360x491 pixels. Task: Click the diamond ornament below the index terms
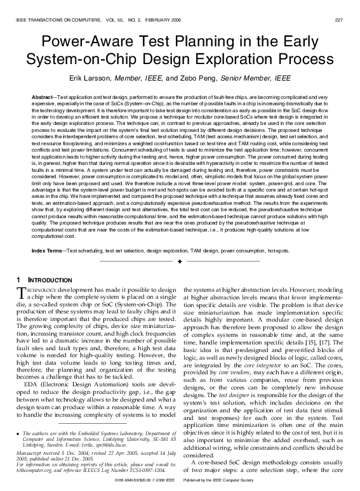click(x=180, y=261)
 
